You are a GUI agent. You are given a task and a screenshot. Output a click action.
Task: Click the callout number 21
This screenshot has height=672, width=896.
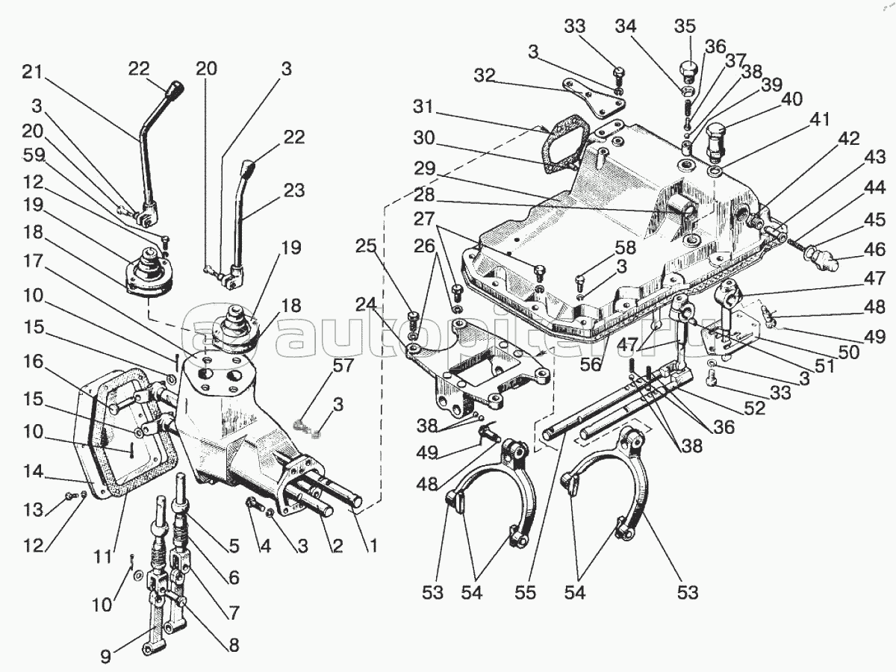(x=32, y=72)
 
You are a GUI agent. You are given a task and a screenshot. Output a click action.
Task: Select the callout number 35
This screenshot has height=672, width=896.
(x=685, y=26)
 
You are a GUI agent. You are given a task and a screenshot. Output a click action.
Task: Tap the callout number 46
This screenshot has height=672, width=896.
(x=875, y=249)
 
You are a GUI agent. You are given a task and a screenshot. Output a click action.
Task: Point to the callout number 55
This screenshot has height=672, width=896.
(x=525, y=593)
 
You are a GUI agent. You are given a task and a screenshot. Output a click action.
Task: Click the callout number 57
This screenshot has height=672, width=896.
(x=343, y=365)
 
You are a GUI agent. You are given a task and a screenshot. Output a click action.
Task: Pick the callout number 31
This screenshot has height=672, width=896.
(x=423, y=107)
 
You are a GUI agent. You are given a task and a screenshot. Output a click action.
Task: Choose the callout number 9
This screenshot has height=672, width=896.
(x=105, y=656)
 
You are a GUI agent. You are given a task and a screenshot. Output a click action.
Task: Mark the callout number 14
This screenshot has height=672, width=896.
(x=33, y=472)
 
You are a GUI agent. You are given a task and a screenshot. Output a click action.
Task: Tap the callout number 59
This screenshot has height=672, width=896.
(x=34, y=155)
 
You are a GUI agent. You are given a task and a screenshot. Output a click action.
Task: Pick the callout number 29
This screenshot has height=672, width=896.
(x=425, y=168)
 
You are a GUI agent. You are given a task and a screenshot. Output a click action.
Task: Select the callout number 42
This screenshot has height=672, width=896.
(x=849, y=138)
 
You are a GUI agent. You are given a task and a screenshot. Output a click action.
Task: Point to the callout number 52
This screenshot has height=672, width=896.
(x=754, y=408)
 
